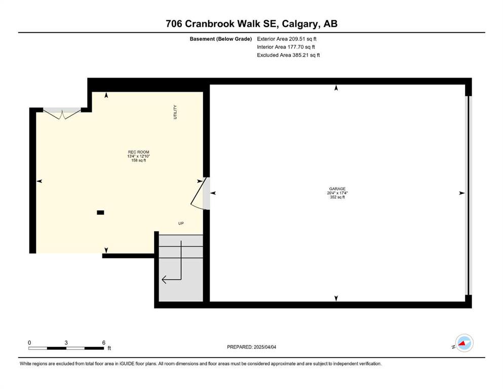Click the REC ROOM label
[x=139, y=152]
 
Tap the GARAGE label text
[x=337, y=189]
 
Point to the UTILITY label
[x=175, y=112]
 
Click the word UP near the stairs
[x=181, y=223]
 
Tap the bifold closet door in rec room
[x=62, y=113]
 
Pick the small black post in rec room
[x=100, y=212]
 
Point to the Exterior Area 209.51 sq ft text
[x=287, y=39]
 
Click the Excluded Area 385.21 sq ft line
[x=288, y=55]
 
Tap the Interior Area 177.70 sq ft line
[x=286, y=47]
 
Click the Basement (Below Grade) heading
[x=221, y=39]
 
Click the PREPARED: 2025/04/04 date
[x=251, y=347]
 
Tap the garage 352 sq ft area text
[x=337, y=197]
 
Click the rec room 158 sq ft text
[x=139, y=161]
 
